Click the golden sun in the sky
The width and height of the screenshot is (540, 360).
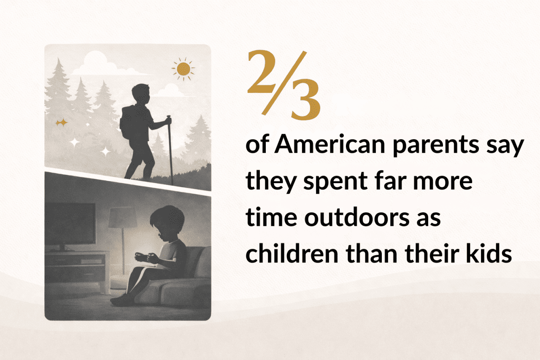(184, 69)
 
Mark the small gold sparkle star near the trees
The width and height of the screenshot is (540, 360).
(62, 122)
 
